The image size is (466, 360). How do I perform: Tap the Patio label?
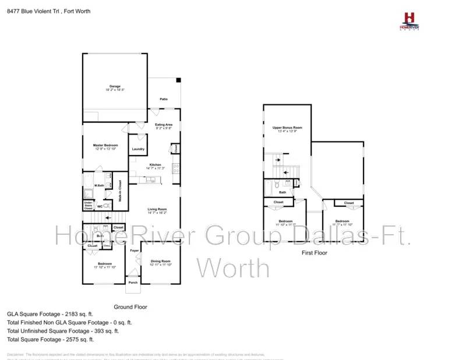click(x=164, y=100)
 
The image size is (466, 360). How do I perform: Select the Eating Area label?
click(x=164, y=124)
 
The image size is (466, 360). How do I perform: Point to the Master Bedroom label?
click(x=106, y=145)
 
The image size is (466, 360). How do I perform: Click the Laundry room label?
click(x=138, y=149)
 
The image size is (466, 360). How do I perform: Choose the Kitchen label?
click(x=155, y=165)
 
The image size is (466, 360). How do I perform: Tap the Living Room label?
click(x=157, y=209)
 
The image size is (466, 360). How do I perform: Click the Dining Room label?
click(x=160, y=261)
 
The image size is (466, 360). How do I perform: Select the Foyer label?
click(x=133, y=250)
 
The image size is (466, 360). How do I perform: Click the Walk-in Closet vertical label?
click(x=120, y=189)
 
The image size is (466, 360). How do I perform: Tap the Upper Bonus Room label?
click(x=287, y=128)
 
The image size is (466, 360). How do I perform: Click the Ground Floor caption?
click(x=130, y=306)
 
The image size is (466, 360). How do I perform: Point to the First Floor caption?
click(x=314, y=253)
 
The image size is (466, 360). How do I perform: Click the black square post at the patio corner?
click(x=179, y=80)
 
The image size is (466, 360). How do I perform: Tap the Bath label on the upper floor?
click(x=283, y=192)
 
